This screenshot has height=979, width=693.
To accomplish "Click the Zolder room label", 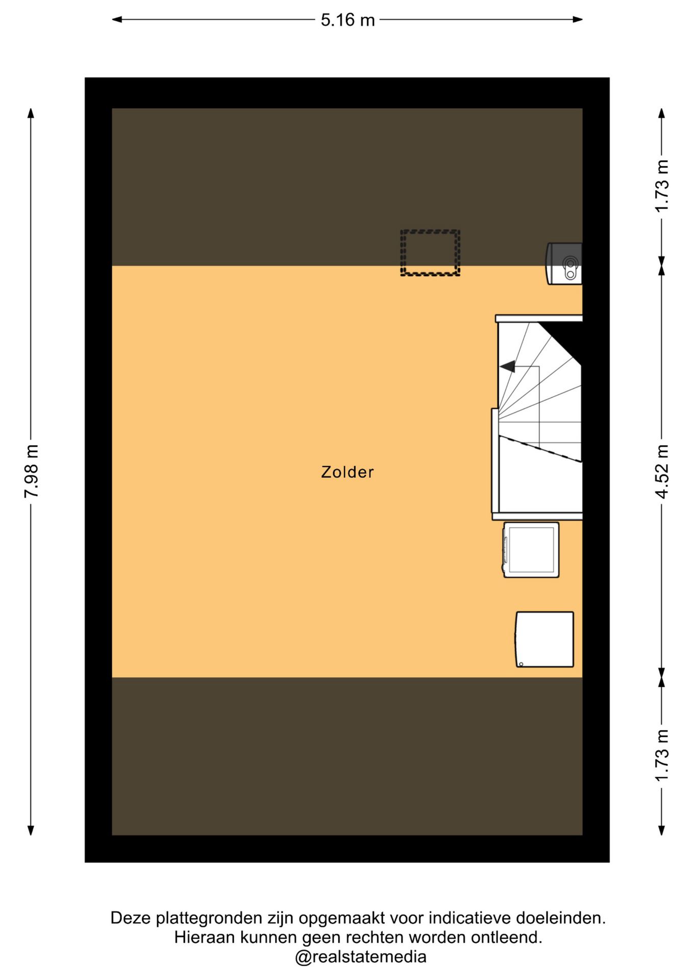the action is pos(347,472).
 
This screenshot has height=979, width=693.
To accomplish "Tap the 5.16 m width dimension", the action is pos(348,20).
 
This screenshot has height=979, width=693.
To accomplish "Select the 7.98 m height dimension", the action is pos(31,471).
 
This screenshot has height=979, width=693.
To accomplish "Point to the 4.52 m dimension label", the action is pos(662,471).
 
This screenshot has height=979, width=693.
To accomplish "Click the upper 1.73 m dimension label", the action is pos(662,186).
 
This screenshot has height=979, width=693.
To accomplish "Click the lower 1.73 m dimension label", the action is pos(662,756).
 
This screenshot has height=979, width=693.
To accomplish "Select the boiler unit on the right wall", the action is pos(564,263).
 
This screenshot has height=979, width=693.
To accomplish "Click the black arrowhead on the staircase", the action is pos(507,366).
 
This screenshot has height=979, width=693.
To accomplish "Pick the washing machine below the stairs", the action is pos(531,550).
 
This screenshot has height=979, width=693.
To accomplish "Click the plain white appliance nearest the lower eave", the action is pos(544,639).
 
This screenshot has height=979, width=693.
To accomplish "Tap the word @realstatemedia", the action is pos(360,957).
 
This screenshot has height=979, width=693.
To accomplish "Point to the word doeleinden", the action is pos(560,918).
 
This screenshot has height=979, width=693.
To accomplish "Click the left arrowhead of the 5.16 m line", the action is pos(117,20).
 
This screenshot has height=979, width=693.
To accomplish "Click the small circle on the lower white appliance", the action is pos(521,664).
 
